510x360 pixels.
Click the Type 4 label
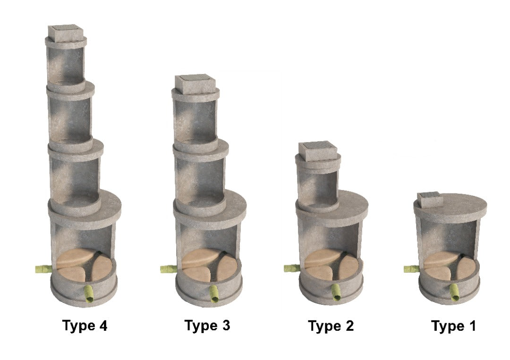pyautogui.click(x=85, y=326)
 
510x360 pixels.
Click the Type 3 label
pyautogui.click(x=207, y=326)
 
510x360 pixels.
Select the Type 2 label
pyautogui.click(x=331, y=326)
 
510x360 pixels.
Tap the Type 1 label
pyautogui.click(x=453, y=326)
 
